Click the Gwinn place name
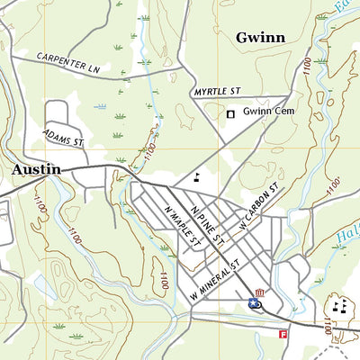pyautogui.click(x=260, y=37)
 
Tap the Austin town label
pyautogui.click(x=36, y=169)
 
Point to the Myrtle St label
pyautogui.click(x=219, y=92)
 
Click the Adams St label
pyautogui.click(x=63, y=136)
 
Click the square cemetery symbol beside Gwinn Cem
pyautogui.click(x=231, y=113)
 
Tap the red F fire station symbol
pyautogui.click(x=283, y=334)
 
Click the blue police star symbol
pyautogui.click(x=255, y=305)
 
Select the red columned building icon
pyautogui.click(x=260, y=292)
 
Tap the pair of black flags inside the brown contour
pyautogui.click(x=340, y=306)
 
